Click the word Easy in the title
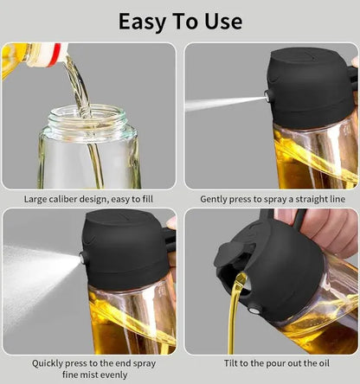[143, 21]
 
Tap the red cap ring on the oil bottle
[55, 54]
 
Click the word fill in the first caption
[145, 199]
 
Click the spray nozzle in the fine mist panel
[83, 257]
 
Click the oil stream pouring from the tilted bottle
[234, 320]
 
